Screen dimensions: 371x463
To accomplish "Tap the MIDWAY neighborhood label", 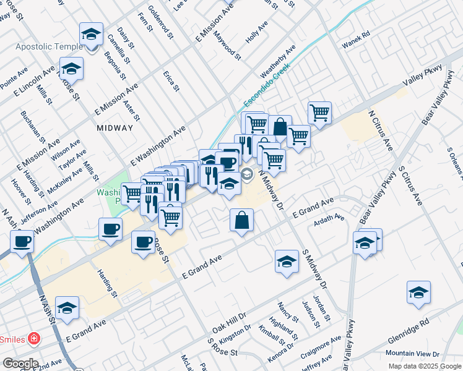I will (115, 128).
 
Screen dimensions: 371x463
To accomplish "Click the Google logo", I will (20, 364).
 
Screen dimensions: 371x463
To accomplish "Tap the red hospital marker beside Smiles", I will (33, 339).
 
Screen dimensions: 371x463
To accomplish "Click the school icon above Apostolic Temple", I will (91, 34).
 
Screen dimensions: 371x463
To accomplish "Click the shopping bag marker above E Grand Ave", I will (241, 220).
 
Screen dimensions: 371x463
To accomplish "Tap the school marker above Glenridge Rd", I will (418, 292).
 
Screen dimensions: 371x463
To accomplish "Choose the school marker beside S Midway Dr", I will (287, 262).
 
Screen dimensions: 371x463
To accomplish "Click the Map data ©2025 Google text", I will (424, 366).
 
